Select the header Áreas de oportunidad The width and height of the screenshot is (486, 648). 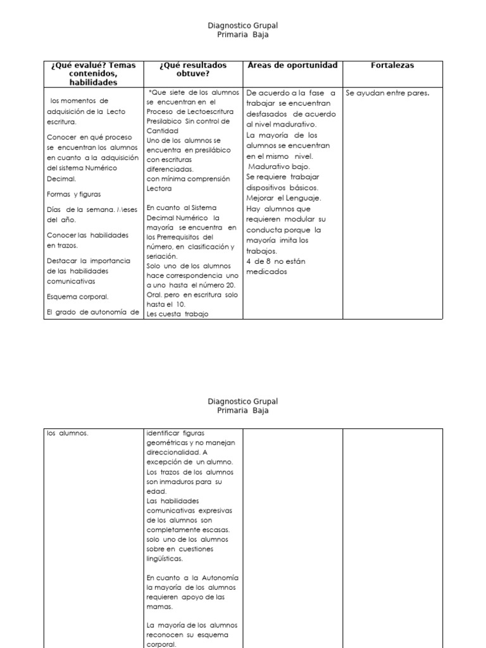point(292,65)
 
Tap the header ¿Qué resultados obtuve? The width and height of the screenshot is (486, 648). point(193,69)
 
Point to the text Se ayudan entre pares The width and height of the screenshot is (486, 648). point(387,93)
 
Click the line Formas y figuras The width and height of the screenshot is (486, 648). point(73,194)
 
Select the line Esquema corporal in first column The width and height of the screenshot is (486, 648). point(78,296)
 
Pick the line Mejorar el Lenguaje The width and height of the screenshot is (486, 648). point(283,198)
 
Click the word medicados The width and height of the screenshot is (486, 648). point(266,271)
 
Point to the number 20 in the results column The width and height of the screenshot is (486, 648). point(228,285)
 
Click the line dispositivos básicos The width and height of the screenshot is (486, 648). point(283,188)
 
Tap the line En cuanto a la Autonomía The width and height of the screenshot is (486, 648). point(192,578)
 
